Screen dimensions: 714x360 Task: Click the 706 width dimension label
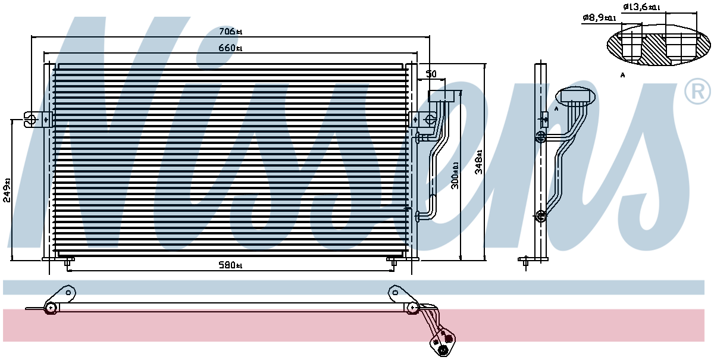(230, 32)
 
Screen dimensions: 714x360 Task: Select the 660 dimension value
(230, 48)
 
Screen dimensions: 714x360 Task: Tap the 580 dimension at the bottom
(230, 265)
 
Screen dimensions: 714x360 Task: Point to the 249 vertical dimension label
(7, 190)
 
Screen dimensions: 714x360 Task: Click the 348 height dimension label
(479, 162)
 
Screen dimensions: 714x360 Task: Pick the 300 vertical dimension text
(456, 176)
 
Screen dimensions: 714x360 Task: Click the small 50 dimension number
(431, 74)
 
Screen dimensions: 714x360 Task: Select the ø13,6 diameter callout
(641, 7)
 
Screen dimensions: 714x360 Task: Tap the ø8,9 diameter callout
(599, 18)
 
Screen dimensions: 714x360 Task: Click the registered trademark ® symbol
(697, 91)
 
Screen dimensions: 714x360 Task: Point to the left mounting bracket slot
(30, 120)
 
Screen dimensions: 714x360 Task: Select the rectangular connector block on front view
(441, 96)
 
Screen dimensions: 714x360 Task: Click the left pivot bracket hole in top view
(68, 292)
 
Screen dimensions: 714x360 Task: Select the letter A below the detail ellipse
(622, 75)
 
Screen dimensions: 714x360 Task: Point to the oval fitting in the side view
(575, 96)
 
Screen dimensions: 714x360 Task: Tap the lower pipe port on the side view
(540, 216)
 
